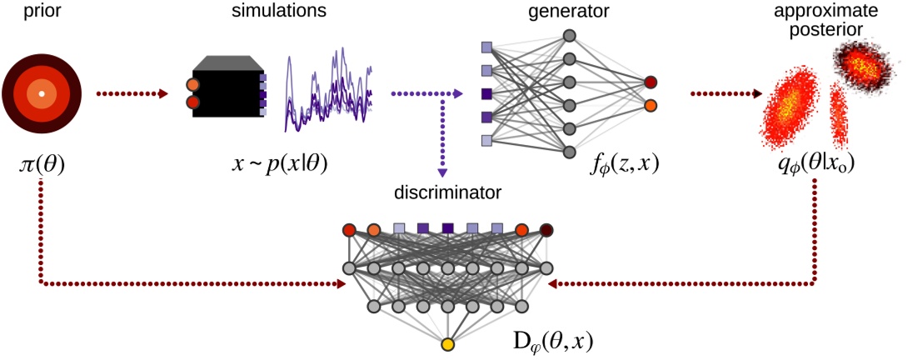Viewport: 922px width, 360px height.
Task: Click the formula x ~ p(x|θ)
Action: click(x=278, y=165)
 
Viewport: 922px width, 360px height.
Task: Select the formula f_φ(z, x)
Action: click(x=622, y=165)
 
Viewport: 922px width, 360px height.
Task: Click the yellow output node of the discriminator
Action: click(x=447, y=344)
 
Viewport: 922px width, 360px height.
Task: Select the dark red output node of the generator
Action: click(x=650, y=82)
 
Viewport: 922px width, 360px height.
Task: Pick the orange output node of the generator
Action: click(x=650, y=106)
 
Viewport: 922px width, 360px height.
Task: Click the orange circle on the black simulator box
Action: click(x=192, y=84)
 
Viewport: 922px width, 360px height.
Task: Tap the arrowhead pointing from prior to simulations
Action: click(x=164, y=93)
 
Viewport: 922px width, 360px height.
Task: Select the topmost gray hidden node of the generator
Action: click(x=570, y=36)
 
